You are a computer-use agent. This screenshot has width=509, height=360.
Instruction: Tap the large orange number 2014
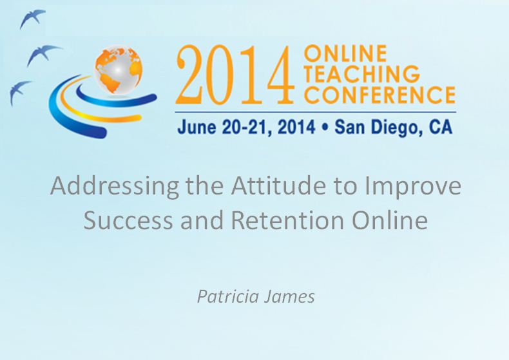click(x=237, y=76)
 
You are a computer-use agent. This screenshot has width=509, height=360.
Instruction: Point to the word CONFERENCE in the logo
click(x=379, y=95)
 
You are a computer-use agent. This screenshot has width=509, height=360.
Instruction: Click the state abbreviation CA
click(x=439, y=127)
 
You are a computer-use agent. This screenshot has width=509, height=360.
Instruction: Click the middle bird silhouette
click(x=43, y=55)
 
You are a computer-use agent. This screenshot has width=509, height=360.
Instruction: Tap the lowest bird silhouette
click(x=20, y=91)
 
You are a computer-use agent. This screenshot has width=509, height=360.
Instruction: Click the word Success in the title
click(x=124, y=220)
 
